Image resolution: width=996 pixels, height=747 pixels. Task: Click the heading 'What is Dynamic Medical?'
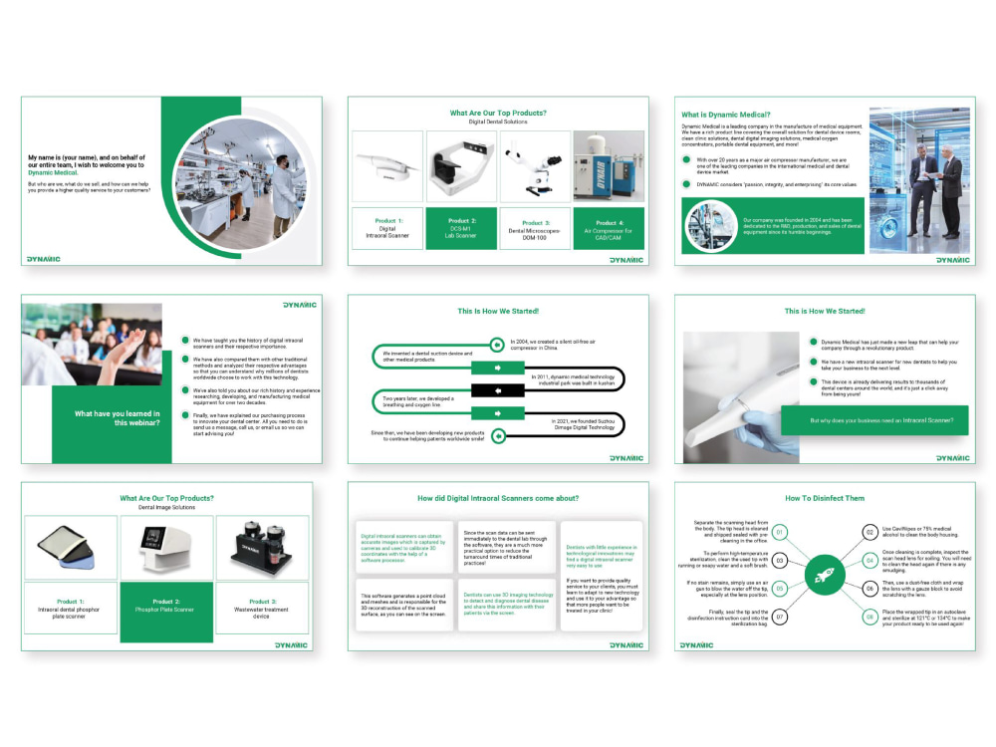coord(726,114)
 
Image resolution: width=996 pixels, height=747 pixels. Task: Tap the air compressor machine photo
coord(607,166)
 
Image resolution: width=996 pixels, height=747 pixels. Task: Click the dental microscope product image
coord(534,166)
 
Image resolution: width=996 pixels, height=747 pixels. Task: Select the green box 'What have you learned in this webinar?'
coord(112,418)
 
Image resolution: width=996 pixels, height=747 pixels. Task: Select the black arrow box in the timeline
coord(497,389)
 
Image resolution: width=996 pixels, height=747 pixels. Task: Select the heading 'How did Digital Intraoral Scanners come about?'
coord(497,498)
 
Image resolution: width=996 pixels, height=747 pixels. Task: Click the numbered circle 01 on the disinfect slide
coord(781,532)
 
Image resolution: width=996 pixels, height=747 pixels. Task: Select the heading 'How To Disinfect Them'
coord(825,498)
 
